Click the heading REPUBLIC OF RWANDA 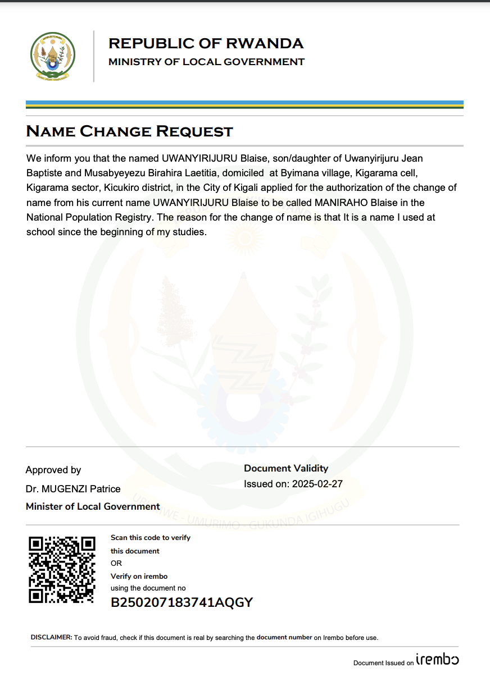tap(206, 43)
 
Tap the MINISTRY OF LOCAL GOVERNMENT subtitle tap(206, 62)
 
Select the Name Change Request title tap(129, 131)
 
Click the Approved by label tap(53, 470)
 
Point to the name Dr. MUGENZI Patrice tap(73, 489)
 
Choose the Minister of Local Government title tap(93, 506)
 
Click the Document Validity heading tap(286, 468)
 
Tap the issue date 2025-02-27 tap(317, 484)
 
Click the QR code tap(62, 569)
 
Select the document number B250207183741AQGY tap(182, 603)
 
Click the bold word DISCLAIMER tap(51, 638)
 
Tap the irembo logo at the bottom tap(437, 660)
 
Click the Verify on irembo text tap(139, 576)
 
